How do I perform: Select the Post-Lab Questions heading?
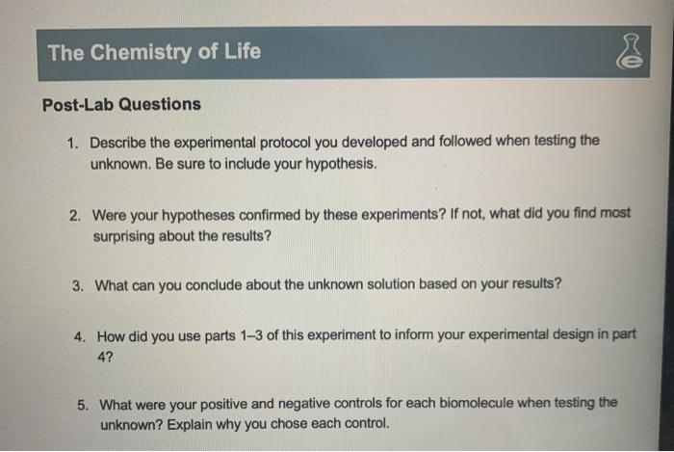[121, 104]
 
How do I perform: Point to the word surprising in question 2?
[126, 235]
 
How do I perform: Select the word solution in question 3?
[391, 285]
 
